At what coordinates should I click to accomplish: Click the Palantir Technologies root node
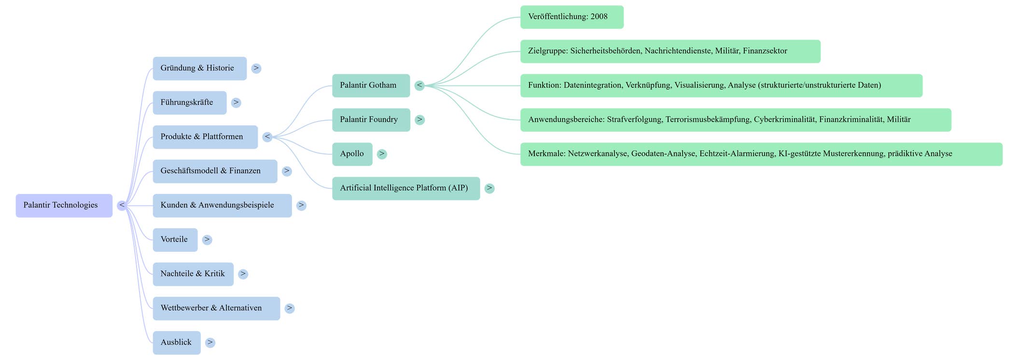click(64, 206)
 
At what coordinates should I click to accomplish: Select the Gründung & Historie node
click(200, 69)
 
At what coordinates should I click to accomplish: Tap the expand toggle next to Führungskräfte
click(236, 103)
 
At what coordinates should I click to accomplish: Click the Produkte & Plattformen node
click(205, 137)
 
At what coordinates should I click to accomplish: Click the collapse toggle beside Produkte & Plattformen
click(267, 137)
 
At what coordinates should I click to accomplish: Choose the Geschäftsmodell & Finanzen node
click(215, 171)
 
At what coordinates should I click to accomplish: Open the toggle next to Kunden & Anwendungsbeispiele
click(301, 206)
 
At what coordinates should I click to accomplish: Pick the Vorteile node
click(175, 240)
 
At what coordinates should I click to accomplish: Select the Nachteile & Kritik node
click(193, 274)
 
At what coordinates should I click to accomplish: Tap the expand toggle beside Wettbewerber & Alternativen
click(290, 308)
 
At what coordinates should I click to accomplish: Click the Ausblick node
click(177, 343)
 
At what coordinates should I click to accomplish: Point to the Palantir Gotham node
click(371, 86)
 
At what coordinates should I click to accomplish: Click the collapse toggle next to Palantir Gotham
click(420, 86)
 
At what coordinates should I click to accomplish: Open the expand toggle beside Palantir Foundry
click(420, 120)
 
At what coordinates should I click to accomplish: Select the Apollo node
click(352, 154)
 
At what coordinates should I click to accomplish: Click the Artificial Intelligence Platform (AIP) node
click(406, 188)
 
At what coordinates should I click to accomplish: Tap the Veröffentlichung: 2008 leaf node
click(572, 17)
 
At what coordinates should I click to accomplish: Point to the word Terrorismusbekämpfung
click(707, 120)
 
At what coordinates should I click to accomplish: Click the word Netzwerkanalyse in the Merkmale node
click(598, 154)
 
